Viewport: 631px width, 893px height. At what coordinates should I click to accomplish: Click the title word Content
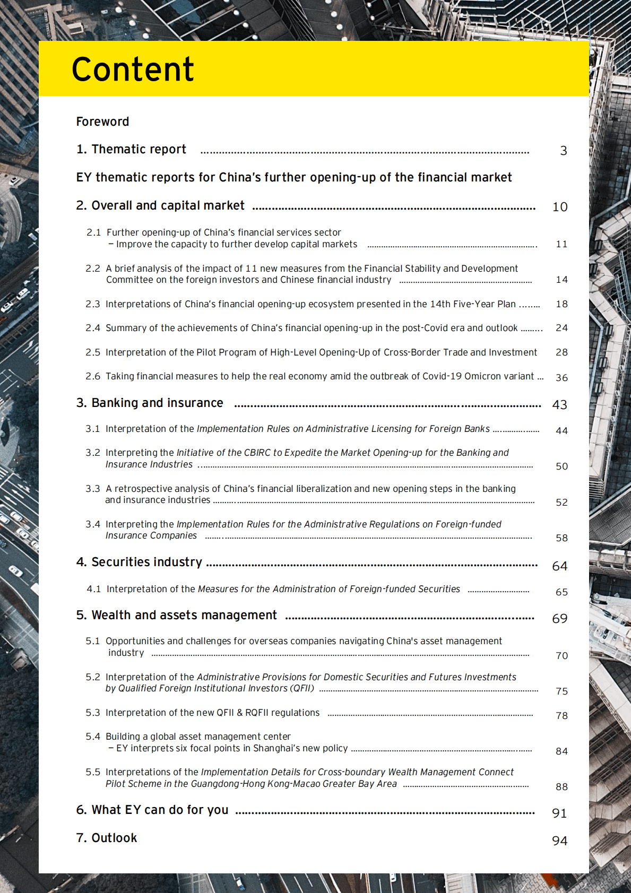click(133, 70)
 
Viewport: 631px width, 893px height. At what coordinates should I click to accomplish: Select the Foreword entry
click(102, 122)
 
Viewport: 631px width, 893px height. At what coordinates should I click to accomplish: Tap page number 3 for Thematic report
click(564, 151)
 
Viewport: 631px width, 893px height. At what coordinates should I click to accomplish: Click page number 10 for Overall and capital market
click(560, 207)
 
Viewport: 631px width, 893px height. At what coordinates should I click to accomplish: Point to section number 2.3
click(93, 304)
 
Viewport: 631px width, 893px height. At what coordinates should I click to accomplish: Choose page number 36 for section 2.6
click(561, 378)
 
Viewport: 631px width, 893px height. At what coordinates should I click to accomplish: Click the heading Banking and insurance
click(157, 403)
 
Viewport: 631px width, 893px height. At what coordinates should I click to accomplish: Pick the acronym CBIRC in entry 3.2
click(257, 453)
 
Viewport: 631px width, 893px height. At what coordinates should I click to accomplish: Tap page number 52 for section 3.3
click(561, 502)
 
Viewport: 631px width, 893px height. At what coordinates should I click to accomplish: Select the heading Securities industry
click(146, 562)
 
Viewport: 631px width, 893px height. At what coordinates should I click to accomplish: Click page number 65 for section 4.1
click(561, 592)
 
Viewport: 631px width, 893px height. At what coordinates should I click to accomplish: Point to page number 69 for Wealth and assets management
click(560, 619)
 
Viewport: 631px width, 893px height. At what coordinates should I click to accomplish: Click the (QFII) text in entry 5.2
click(302, 688)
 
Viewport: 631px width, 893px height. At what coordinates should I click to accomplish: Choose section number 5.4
click(93, 736)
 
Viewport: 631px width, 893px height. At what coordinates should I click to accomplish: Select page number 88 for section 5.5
click(561, 787)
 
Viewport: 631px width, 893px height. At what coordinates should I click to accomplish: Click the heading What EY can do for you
click(160, 810)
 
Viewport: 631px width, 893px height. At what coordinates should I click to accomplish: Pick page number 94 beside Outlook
click(560, 841)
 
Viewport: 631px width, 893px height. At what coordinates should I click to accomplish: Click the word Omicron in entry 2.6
click(481, 376)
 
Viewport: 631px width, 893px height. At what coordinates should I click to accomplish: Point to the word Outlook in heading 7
click(114, 838)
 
